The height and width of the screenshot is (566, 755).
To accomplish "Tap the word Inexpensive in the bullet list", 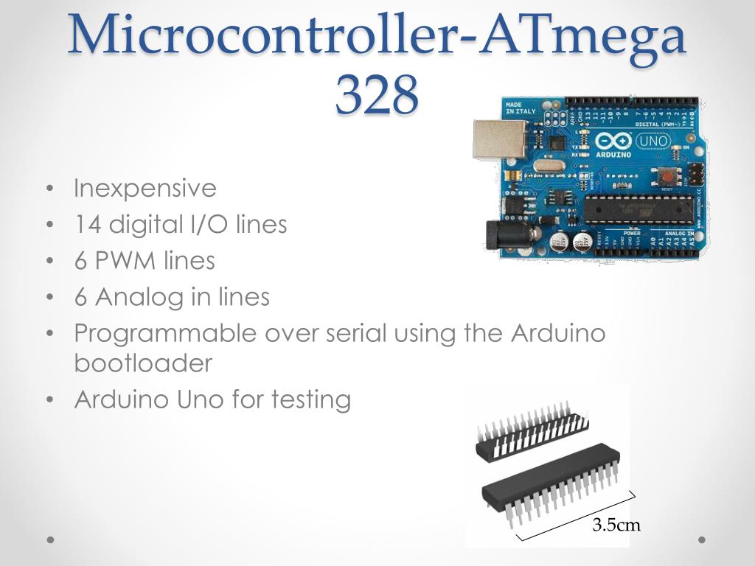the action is click(145, 189).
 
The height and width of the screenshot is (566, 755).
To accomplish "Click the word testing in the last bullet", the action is click(310, 399).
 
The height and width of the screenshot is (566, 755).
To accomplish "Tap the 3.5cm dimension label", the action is click(616, 525).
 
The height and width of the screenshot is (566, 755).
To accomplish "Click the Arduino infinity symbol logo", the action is click(613, 141).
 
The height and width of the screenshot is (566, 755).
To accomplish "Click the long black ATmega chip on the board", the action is click(639, 210).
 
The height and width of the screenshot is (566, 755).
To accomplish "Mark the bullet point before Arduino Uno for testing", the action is click(49, 400).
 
